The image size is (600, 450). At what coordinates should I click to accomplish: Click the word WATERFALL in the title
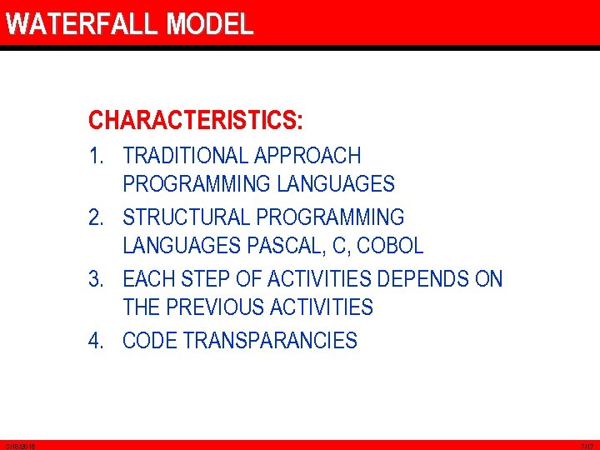(x=82, y=24)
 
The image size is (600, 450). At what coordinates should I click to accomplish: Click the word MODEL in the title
(x=209, y=24)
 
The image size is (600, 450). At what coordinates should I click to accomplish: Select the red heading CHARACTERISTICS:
(x=196, y=121)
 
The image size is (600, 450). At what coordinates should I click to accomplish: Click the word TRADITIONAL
(x=185, y=156)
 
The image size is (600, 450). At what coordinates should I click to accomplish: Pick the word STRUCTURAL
(x=187, y=217)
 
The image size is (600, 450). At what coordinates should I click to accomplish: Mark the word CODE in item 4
(x=150, y=341)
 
